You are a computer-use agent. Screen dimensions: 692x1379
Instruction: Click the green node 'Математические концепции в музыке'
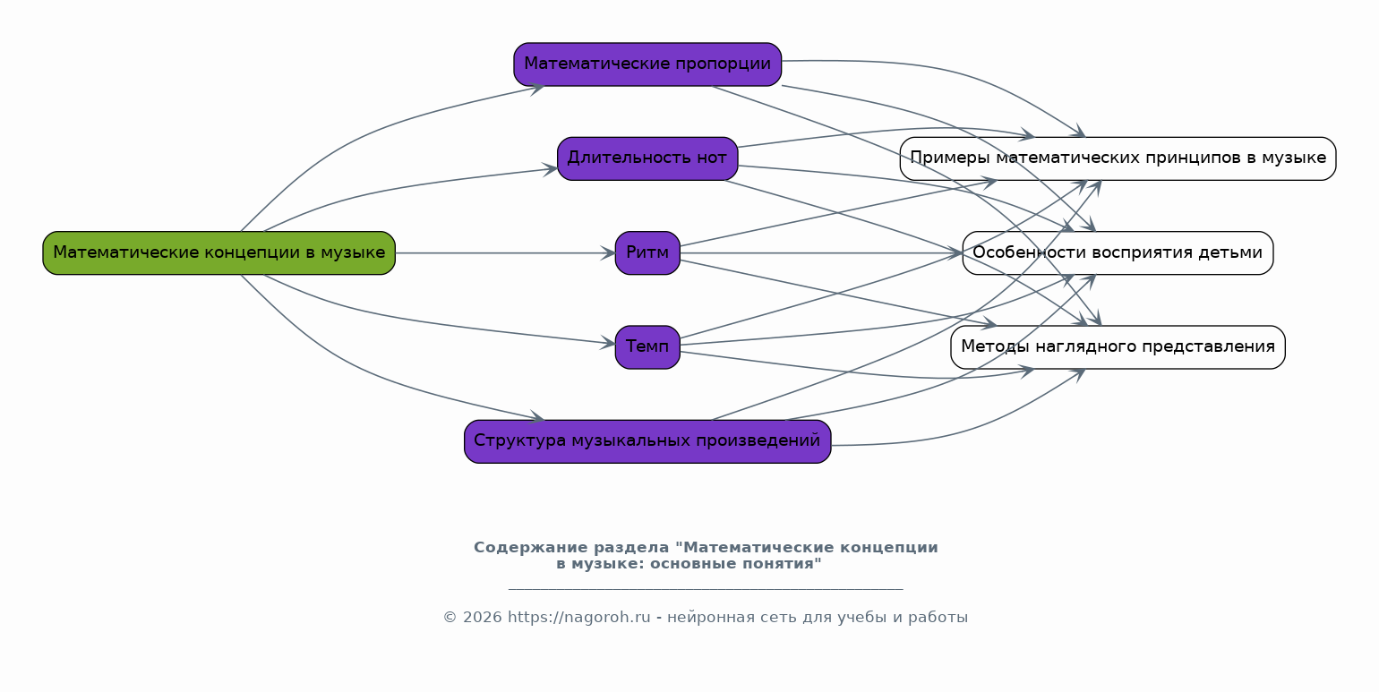pos(218,252)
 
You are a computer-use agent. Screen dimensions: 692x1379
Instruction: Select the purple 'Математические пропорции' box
pos(647,64)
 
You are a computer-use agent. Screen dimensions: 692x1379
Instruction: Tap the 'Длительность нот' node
pos(647,158)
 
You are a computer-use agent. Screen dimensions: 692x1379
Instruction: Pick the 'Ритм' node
pos(647,252)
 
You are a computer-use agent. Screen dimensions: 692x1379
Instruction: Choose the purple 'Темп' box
pos(647,346)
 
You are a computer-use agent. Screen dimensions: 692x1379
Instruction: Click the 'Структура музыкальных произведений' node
pos(647,440)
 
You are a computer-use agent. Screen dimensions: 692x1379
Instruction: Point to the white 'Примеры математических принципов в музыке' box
pos(1118,158)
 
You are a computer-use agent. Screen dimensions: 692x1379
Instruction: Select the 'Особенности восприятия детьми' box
pos(1118,252)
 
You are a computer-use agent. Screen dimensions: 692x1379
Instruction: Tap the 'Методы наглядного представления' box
pos(1118,346)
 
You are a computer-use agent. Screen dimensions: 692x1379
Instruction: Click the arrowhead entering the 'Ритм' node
pos(609,253)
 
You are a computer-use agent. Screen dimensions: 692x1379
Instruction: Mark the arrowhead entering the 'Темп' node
pos(609,342)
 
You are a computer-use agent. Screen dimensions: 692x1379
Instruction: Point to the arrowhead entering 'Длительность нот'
pos(551,168)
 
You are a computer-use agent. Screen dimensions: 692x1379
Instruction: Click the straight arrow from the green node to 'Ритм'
pos(501,253)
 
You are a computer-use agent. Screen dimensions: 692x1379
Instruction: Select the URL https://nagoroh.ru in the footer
pos(578,617)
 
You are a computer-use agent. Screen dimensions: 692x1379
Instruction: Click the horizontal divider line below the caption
pos(706,589)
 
